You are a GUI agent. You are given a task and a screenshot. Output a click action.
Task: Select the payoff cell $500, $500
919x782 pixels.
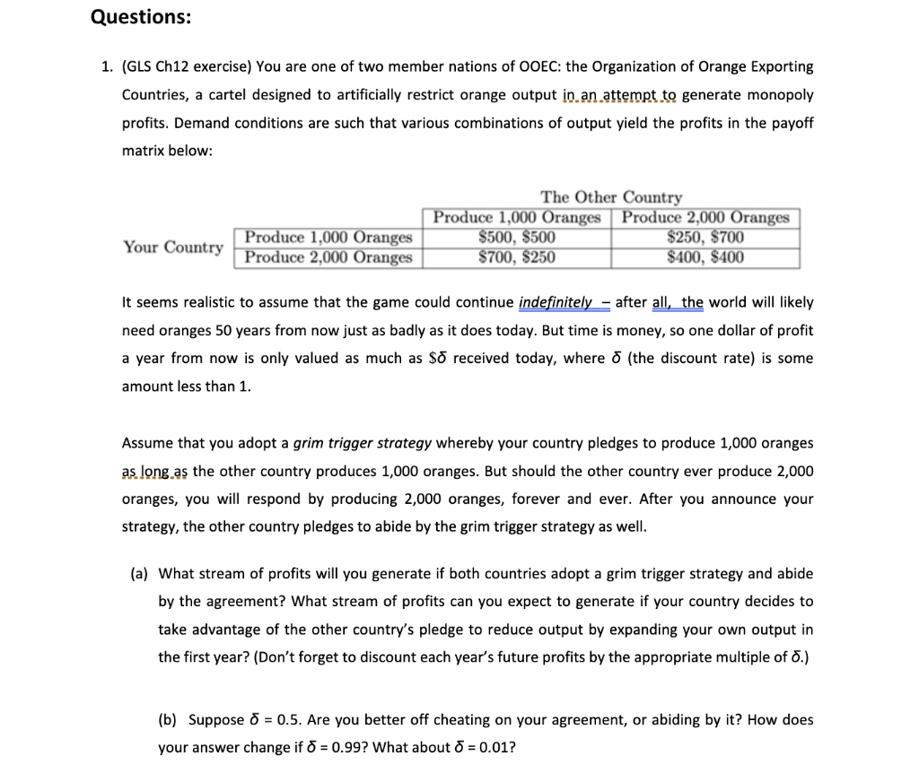pyautogui.click(x=516, y=238)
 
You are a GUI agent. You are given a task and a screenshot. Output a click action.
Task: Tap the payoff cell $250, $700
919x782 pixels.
pyautogui.click(x=705, y=238)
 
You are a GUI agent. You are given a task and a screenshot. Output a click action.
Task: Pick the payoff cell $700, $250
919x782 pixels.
pyautogui.click(x=516, y=257)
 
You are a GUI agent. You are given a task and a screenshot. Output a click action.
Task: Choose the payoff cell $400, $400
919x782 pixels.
pyautogui.click(x=705, y=257)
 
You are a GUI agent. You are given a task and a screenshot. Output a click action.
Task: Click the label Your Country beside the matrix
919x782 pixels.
pyautogui.click(x=173, y=247)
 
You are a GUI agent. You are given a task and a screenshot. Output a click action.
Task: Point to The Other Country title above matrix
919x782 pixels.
pyautogui.click(x=610, y=196)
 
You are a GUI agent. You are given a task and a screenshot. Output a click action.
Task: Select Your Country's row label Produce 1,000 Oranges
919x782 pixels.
pyautogui.click(x=328, y=238)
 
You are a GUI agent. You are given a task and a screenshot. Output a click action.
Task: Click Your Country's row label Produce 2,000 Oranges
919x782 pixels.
pyautogui.click(x=328, y=257)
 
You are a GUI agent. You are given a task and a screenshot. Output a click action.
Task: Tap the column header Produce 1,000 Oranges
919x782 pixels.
pyautogui.click(x=516, y=217)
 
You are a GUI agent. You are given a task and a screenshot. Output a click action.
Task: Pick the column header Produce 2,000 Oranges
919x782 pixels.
pyautogui.click(x=705, y=217)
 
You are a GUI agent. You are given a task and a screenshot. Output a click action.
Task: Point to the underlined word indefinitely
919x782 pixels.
pyautogui.click(x=556, y=302)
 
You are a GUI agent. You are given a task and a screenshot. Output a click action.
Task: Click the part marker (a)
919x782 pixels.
pyautogui.click(x=139, y=574)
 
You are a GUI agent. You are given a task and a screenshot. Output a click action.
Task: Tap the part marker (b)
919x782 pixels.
pyautogui.click(x=167, y=719)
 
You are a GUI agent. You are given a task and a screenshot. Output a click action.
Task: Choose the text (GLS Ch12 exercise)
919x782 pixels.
pyautogui.click(x=187, y=66)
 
